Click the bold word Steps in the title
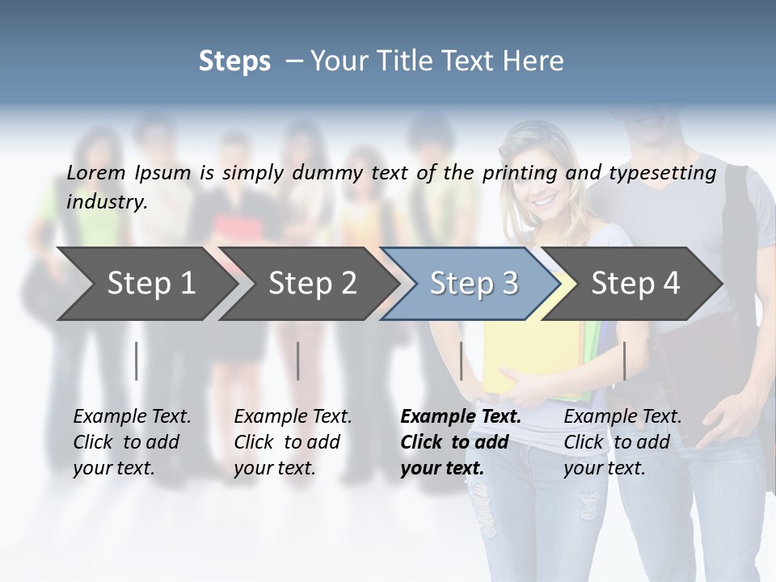click(234, 61)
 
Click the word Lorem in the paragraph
click(96, 172)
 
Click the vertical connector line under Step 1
click(137, 361)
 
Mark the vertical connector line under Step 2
click(298, 361)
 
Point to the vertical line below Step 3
click(461, 361)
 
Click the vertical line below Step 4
click(624, 361)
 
